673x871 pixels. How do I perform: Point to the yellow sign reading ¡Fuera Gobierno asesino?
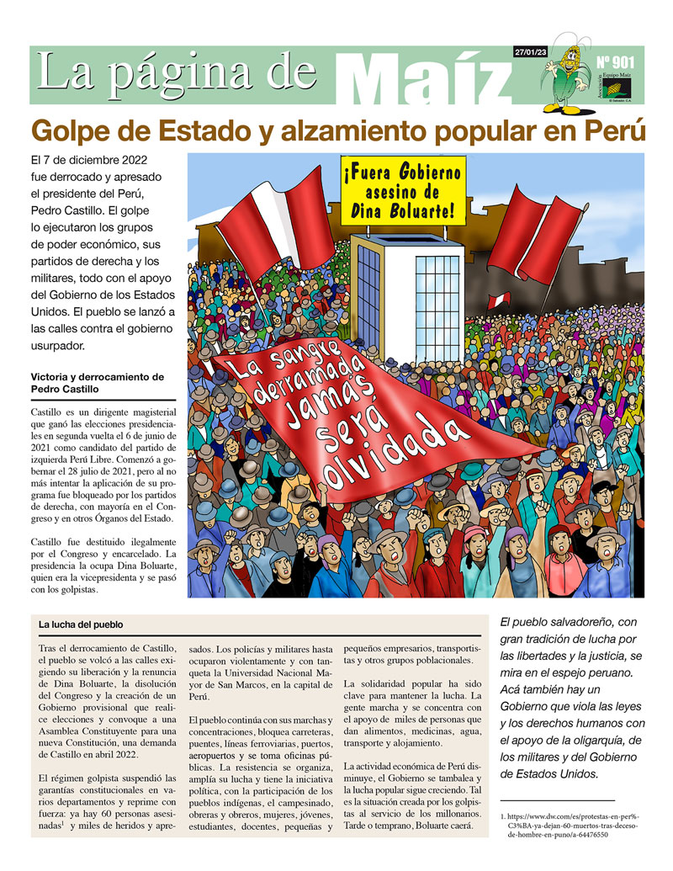403,193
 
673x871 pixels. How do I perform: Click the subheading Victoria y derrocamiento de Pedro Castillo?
103,383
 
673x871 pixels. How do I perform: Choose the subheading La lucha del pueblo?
81,625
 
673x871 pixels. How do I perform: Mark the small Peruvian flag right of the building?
499,300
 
